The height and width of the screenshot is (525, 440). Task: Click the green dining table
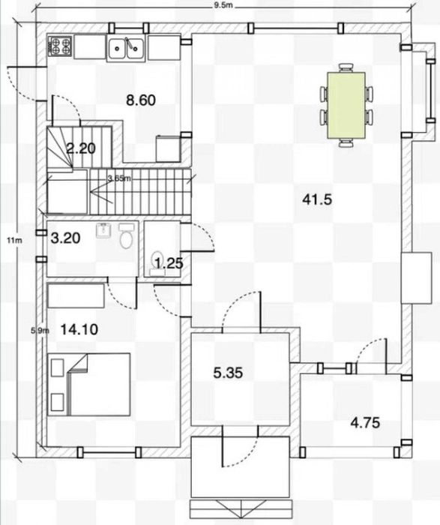point(346,105)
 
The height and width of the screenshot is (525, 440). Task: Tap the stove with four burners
point(60,46)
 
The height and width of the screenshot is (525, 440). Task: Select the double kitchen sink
point(126,49)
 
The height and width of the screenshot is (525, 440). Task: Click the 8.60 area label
point(141,100)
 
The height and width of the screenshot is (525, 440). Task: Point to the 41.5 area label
point(317,200)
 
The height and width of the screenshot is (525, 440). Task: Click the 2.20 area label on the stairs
point(81,148)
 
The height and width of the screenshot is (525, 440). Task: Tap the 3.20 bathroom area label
point(65,238)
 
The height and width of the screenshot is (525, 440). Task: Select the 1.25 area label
point(169,263)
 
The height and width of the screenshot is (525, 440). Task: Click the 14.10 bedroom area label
point(79,329)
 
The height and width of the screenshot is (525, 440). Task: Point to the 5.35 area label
point(228,373)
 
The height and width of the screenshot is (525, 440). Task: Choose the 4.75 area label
point(365,423)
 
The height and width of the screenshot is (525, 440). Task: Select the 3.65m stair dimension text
point(119,178)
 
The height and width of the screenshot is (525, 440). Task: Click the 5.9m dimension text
point(40,331)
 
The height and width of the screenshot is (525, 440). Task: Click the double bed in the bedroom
point(89,384)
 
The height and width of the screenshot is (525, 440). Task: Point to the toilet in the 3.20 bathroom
point(126,235)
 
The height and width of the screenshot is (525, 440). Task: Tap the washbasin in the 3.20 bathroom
point(103,229)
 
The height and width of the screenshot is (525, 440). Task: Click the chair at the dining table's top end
point(346,67)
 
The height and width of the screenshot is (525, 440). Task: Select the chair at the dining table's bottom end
point(346,143)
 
